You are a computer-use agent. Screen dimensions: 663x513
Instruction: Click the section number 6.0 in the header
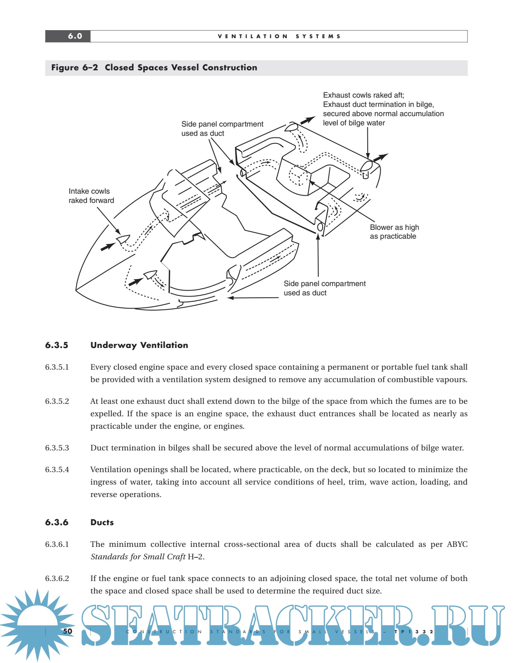pyautogui.click(x=75, y=36)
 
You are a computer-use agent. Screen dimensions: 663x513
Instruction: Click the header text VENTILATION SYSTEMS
pyautogui.click(x=279, y=36)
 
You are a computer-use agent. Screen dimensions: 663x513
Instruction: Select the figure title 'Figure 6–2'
pyautogui.click(x=74, y=68)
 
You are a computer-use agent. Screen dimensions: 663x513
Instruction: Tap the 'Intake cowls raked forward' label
pyautogui.click(x=91, y=196)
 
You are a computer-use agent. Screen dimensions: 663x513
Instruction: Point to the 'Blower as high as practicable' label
pyautogui.click(x=394, y=232)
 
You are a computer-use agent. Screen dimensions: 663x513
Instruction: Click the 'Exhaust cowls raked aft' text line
pyautogui.click(x=363, y=95)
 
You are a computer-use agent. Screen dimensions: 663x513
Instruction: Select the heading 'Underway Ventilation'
pyautogui.click(x=139, y=345)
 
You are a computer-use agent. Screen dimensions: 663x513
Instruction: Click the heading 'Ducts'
pyautogui.click(x=102, y=522)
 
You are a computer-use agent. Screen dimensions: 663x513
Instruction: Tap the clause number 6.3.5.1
pyautogui.click(x=57, y=367)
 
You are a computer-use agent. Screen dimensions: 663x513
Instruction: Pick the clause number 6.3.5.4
pyautogui.click(x=57, y=470)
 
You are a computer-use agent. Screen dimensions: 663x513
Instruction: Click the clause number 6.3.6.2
pyautogui.click(x=57, y=579)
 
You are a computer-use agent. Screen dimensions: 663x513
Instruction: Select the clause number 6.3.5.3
pyautogui.click(x=57, y=448)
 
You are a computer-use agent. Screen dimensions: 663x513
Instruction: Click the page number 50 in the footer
pyautogui.click(x=68, y=631)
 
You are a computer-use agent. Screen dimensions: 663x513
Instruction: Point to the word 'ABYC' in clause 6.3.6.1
pyautogui.click(x=457, y=544)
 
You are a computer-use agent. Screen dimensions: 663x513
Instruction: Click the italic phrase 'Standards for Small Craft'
pyautogui.click(x=138, y=557)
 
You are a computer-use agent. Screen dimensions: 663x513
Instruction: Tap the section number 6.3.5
pyautogui.click(x=57, y=345)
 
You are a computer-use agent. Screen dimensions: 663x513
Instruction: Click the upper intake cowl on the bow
pyautogui.click(x=123, y=239)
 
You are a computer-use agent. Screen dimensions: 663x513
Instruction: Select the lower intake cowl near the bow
pyautogui.click(x=150, y=275)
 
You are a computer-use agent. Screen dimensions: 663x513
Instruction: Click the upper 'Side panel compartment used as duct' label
pyautogui.click(x=222, y=129)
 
